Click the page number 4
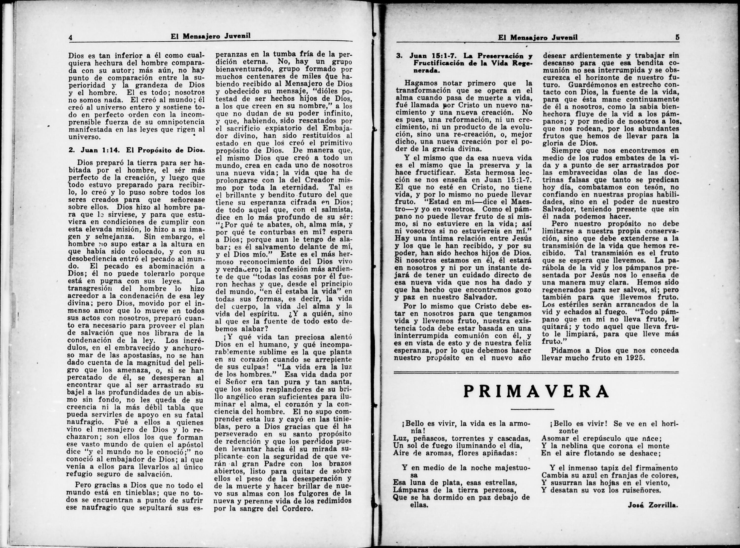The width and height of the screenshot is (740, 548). click(x=70, y=37)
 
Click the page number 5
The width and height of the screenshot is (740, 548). click(x=677, y=37)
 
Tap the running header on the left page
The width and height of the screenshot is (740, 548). click(x=210, y=36)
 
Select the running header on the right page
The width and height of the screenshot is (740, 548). click(x=538, y=37)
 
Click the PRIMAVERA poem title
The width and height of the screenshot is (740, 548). click(x=536, y=392)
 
